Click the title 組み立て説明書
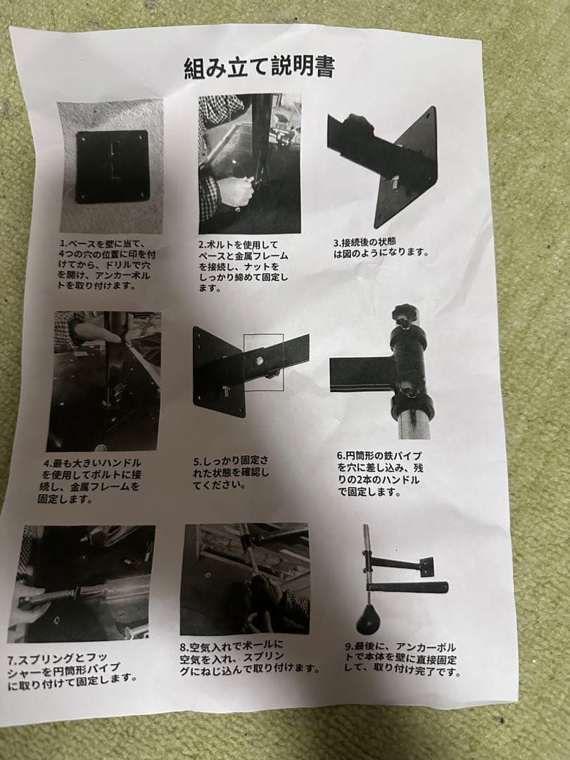(258, 68)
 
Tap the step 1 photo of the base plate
(111, 166)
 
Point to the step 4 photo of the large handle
(104, 381)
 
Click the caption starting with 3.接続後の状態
(381, 248)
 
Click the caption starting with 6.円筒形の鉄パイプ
(380, 474)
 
